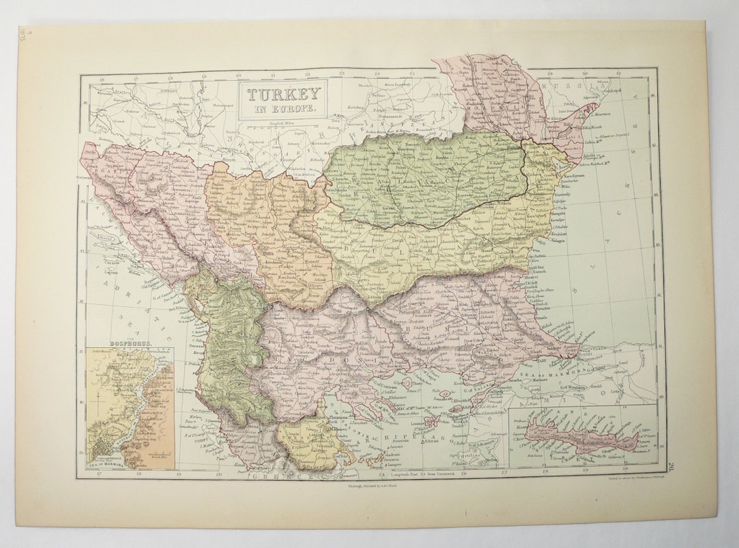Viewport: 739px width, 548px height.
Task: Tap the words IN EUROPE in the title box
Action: coord(283,109)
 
